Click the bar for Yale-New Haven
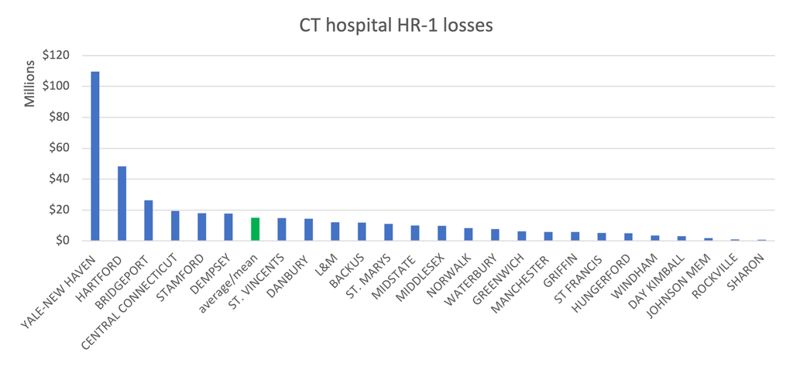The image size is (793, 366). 95,156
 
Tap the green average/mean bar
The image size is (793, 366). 256,230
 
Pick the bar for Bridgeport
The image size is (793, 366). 149,221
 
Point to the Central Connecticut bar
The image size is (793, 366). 176,226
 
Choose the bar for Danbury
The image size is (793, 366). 308,230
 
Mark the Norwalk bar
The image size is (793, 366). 469,234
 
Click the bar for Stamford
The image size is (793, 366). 202,227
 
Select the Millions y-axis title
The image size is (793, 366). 30,84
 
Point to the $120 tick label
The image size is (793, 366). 56,56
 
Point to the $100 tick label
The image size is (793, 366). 56,87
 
